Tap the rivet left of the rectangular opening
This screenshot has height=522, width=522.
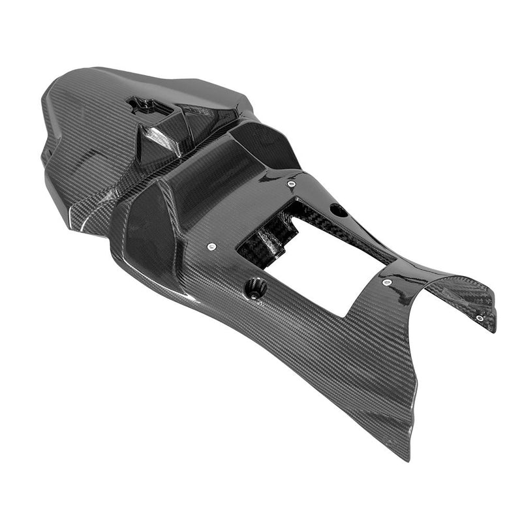[212, 247]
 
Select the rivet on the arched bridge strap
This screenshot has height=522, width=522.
[387, 283]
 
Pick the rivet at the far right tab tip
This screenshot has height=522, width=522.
[480, 318]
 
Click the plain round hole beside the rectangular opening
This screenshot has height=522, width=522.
[338, 210]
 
